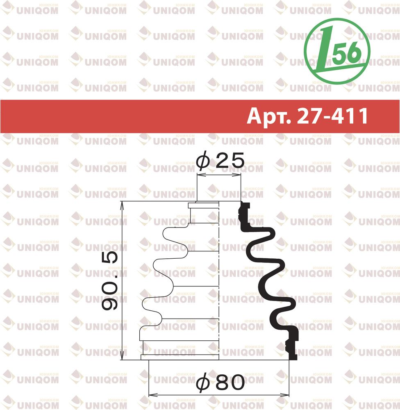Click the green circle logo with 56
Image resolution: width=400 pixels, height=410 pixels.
click(x=337, y=51)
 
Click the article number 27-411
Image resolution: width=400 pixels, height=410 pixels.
click(x=332, y=116)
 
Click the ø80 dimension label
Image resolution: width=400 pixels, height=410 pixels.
click(x=220, y=383)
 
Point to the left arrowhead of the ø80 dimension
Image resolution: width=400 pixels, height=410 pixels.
click(x=153, y=394)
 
